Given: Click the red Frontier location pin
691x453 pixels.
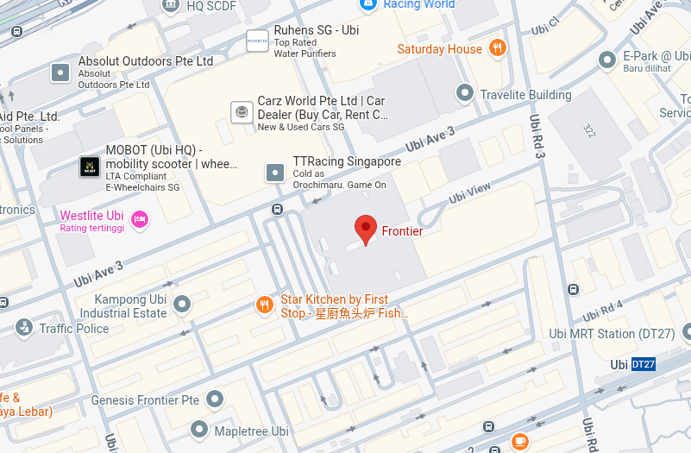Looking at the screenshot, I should (366, 230).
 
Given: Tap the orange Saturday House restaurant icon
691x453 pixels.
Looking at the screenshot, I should (497, 48).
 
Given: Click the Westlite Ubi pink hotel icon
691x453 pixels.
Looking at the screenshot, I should (140, 219).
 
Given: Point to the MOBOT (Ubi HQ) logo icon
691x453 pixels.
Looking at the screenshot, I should (90, 167).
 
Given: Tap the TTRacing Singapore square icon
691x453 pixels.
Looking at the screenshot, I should (275, 172).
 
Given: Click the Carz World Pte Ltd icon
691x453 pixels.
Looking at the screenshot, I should (242, 111).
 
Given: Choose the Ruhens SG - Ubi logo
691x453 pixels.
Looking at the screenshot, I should (257, 41).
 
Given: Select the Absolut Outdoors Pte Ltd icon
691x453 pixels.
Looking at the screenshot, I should (60, 72).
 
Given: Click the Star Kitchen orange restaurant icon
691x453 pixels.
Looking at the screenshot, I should (265, 305).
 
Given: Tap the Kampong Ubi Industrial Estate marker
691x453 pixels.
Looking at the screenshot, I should (182, 304).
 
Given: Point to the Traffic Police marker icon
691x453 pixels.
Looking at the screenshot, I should (23, 327).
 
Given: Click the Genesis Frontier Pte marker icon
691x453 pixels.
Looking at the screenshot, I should (215, 399).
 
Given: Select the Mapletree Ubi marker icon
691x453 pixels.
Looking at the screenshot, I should (199, 429).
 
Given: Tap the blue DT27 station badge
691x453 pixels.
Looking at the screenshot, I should (644, 364).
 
